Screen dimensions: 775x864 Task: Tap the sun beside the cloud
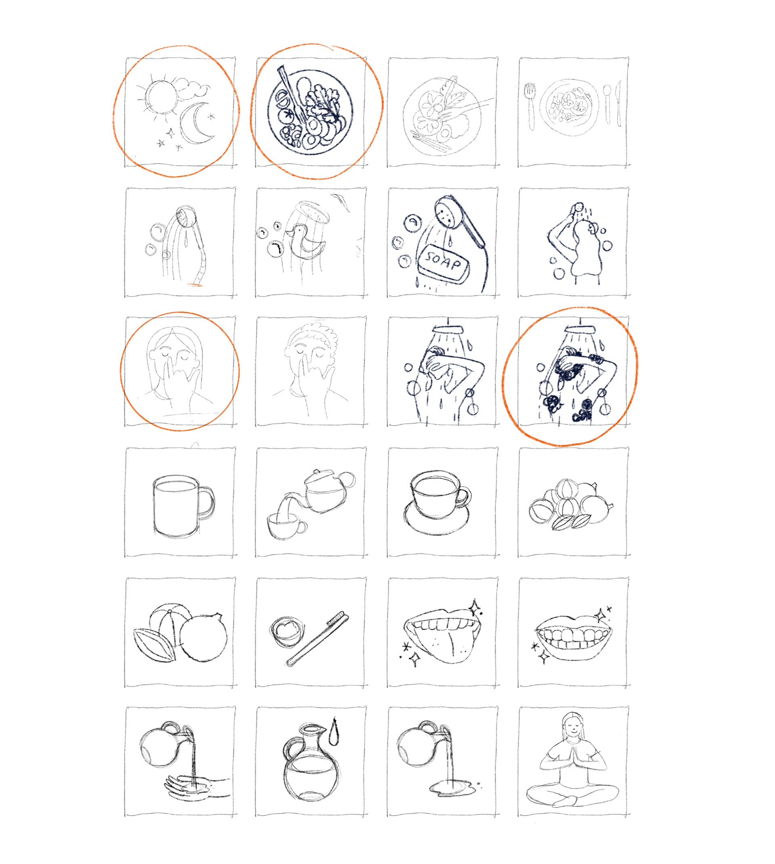pos(161,97)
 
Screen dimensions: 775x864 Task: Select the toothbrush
pos(318,639)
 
